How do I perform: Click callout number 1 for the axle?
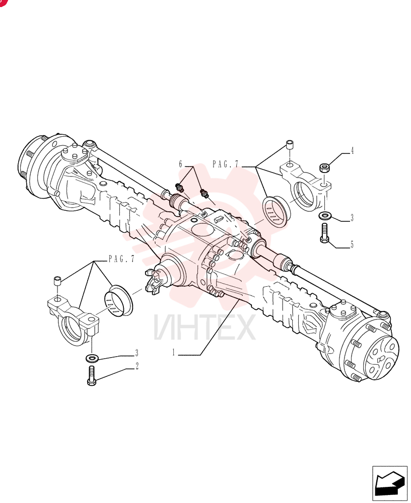point(174,353)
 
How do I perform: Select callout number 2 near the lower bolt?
point(137,366)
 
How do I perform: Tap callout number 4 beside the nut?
point(352,150)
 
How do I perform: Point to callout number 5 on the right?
point(352,244)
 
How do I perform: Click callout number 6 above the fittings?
point(181,164)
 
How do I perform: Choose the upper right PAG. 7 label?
point(226,164)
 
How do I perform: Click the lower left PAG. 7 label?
point(121,259)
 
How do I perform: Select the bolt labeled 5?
point(324,233)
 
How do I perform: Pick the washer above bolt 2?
point(92,357)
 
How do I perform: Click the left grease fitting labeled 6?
point(179,188)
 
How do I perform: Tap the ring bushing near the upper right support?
point(276,212)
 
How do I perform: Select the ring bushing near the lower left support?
point(118,300)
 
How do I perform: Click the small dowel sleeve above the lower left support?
point(57,281)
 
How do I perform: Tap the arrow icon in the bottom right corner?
point(389,483)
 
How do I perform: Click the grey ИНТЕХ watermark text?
point(204,327)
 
